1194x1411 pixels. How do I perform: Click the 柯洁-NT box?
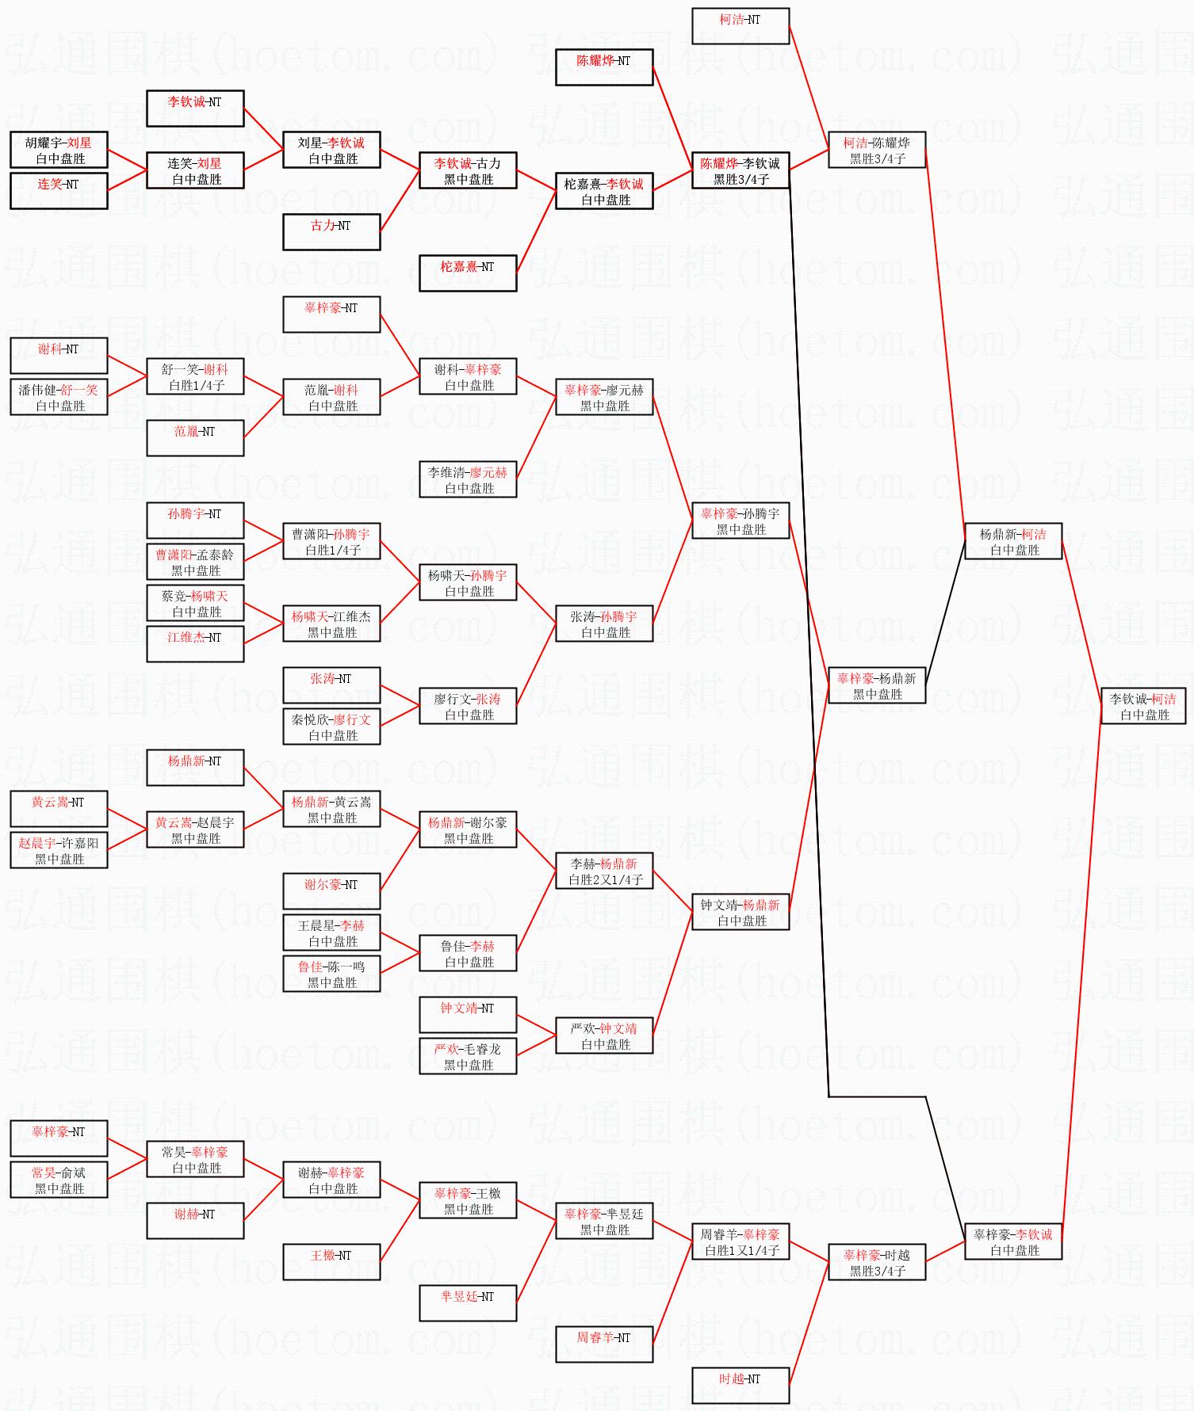click(x=740, y=26)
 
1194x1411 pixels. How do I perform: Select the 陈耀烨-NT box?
click(x=603, y=67)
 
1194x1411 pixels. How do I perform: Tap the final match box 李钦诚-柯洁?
click(x=1142, y=706)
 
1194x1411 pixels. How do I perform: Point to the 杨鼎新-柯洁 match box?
click(x=1012, y=541)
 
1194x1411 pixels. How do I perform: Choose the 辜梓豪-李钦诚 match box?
click(x=1012, y=1241)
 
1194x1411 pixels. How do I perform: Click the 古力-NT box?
click(x=331, y=232)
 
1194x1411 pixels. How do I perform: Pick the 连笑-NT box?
click(x=59, y=191)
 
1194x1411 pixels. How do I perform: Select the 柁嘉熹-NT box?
click(x=468, y=273)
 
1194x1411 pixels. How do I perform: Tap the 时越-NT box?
click(x=740, y=1386)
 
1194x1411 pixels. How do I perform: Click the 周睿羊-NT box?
click(x=603, y=1344)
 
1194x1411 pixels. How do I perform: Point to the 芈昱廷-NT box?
click(x=468, y=1303)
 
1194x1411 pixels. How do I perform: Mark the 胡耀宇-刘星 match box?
click(x=59, y=150)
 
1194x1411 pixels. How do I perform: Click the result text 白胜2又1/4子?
click(x=605, y=879)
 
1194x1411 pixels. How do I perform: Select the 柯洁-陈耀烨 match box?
click(x=876, y=150)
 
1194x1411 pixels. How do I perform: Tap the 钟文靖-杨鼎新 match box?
click(x=740, y=912)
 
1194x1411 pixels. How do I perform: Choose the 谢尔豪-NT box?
click(x=331, y=891)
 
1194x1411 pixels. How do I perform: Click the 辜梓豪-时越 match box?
click(x=876, y=1262)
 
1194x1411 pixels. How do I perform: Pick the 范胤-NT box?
click(x=195, y=438)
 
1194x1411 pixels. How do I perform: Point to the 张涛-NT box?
click(x=331, y=685)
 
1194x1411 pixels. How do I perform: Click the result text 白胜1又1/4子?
click(x=741, y=1250)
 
